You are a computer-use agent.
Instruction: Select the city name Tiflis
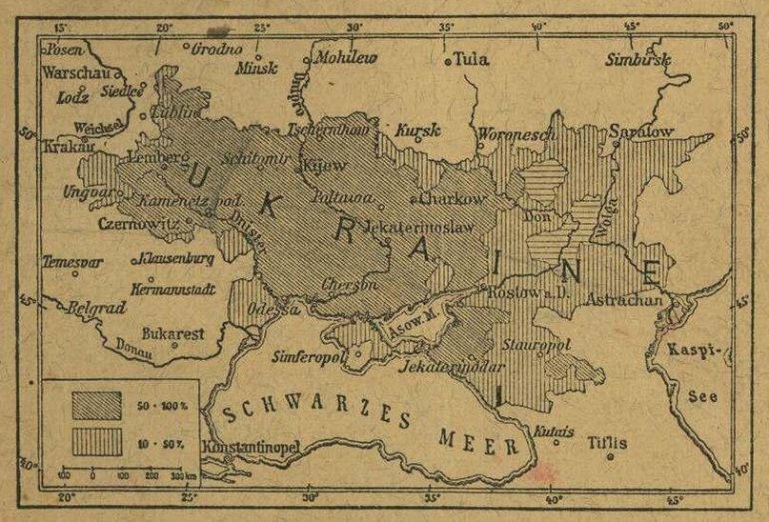tap(607, 443)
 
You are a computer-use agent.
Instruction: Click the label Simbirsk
tap(637, 60)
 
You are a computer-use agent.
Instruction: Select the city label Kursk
tap(418, 129)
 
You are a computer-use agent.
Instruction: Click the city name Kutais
tap(554, 432)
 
